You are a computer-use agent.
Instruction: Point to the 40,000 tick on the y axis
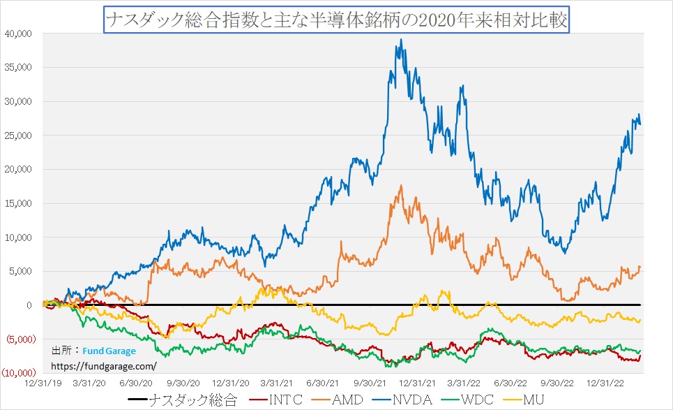pyautogui.click(x=19, y=33)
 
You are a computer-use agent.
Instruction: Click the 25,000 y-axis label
pyautogui.click(x=19, y=136)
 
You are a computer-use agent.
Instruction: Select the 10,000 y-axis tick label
pyautogui.click(x=19, y=237)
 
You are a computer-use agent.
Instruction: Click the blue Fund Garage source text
pyautogui.click(x=109, y=351)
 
